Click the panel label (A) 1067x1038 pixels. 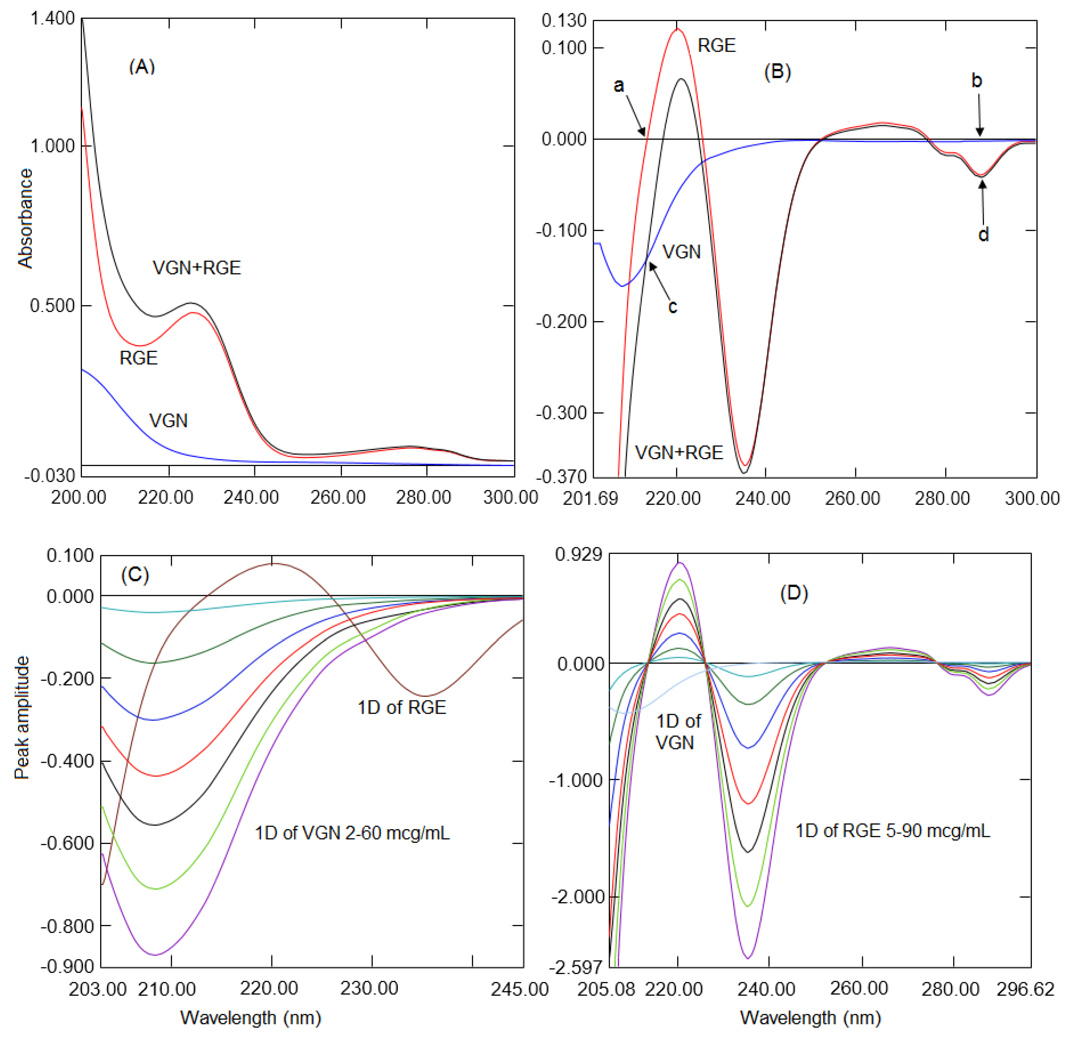pos(142,67)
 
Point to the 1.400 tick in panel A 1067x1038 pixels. pos(52,19)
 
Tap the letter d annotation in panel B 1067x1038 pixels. pos(983,234)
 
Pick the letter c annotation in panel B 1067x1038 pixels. pos(673,307)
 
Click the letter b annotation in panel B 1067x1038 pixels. pos(977,81)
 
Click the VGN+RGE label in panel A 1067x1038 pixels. pos(197,268)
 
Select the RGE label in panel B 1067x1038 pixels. pos(716,45)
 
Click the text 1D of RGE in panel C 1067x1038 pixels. pos(402,708)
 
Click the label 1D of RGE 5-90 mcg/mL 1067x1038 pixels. pos(893,831)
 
